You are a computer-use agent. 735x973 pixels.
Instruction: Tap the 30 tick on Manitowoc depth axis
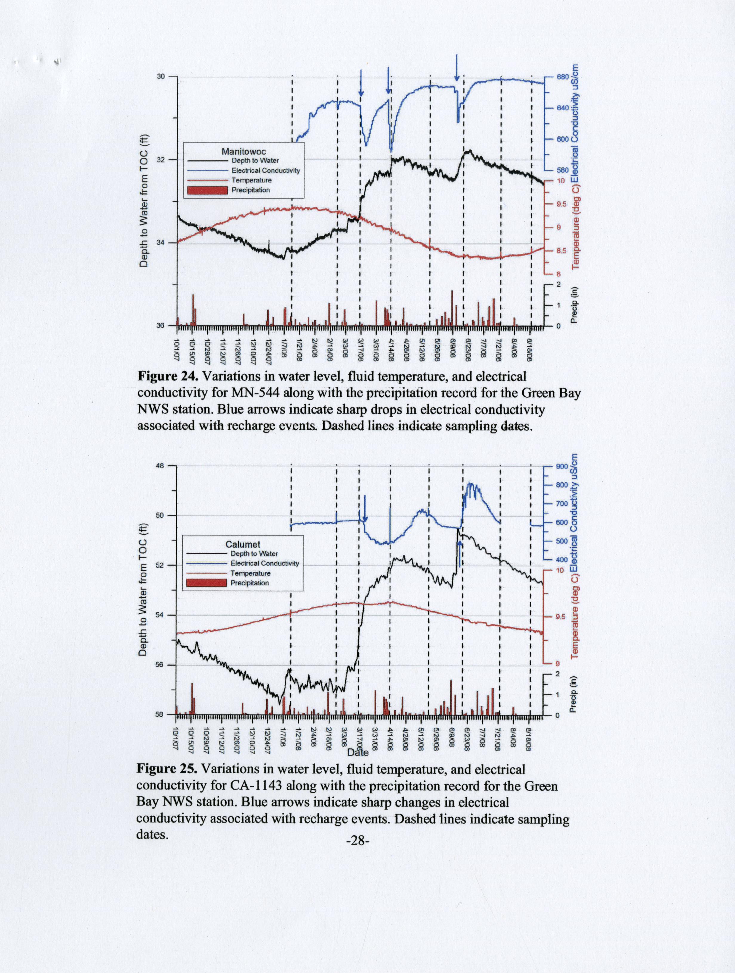161,76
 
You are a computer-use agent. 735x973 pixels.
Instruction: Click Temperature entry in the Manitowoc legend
251,180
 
